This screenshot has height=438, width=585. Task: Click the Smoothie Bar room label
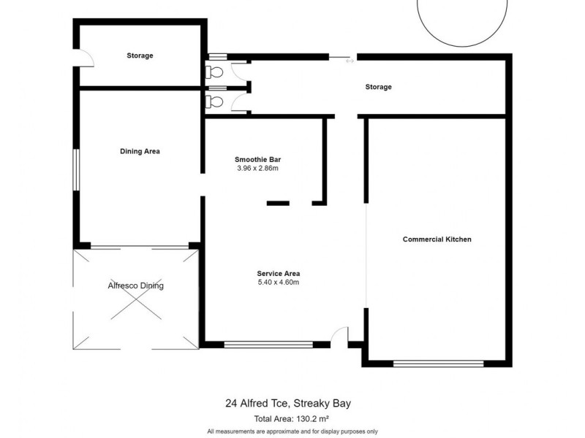click(258, 159)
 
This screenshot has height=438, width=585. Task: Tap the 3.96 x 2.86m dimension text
click(258, 168)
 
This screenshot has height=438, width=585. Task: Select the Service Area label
click(279, 274)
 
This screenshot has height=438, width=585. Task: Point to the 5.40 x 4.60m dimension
click(279, 283)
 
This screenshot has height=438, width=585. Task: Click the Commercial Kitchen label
click(437, 239)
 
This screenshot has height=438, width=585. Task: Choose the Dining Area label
click(140, 152)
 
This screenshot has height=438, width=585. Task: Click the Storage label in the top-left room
click(140, 55)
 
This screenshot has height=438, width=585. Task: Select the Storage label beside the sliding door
click(378, 87)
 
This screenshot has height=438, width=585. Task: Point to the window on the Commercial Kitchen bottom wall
click(438, 363)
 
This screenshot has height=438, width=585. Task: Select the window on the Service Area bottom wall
click(268, 344)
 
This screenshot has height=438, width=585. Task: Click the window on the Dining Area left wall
click(75, 170)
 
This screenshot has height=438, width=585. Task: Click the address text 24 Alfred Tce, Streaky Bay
click(292, 404)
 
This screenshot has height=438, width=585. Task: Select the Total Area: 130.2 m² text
click(292, 419)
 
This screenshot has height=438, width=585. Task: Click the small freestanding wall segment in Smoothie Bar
click(278, 203)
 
